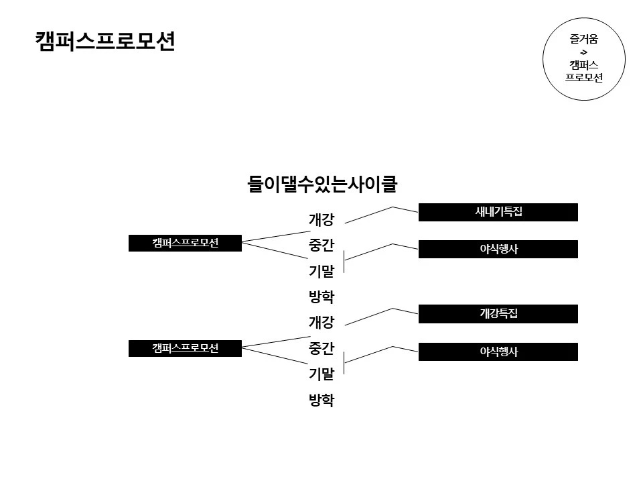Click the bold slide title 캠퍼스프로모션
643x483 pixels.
pos(105,42)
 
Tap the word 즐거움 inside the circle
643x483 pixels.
pos(584,39)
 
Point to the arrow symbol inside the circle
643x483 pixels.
pos(584,52)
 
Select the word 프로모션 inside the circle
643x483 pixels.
pos(584,77)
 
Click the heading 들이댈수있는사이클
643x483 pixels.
pos(322,184)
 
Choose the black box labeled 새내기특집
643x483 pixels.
pos(498,212)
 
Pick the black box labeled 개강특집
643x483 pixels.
pos(498,313)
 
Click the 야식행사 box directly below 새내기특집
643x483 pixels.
pos(498,250)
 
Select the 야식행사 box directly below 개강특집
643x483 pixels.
pos(498,352)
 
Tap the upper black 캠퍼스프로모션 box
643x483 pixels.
pos(185,243)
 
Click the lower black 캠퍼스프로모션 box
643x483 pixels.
pos(185,347)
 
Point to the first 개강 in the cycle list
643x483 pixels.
pos(321,219)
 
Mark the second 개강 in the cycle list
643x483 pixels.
pos(321,323)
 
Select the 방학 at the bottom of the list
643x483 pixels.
pos(321,400)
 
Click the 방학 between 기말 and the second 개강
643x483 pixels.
pos(321,297)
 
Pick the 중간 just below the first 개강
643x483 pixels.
pos(321,245)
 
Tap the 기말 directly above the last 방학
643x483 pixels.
pos(321,374)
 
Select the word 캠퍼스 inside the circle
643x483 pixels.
pos(584,64)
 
